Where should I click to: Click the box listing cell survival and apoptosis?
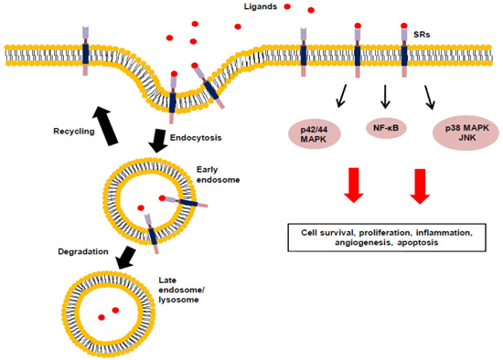pos(388,239)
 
